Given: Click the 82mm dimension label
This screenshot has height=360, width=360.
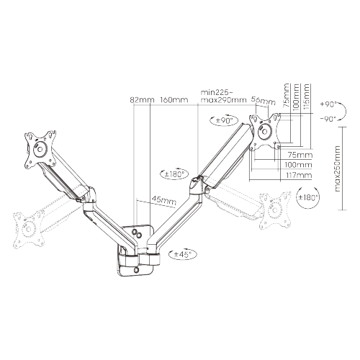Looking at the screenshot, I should tap(141, 100).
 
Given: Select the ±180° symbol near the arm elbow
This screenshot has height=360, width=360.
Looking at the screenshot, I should tap(174, 173).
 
